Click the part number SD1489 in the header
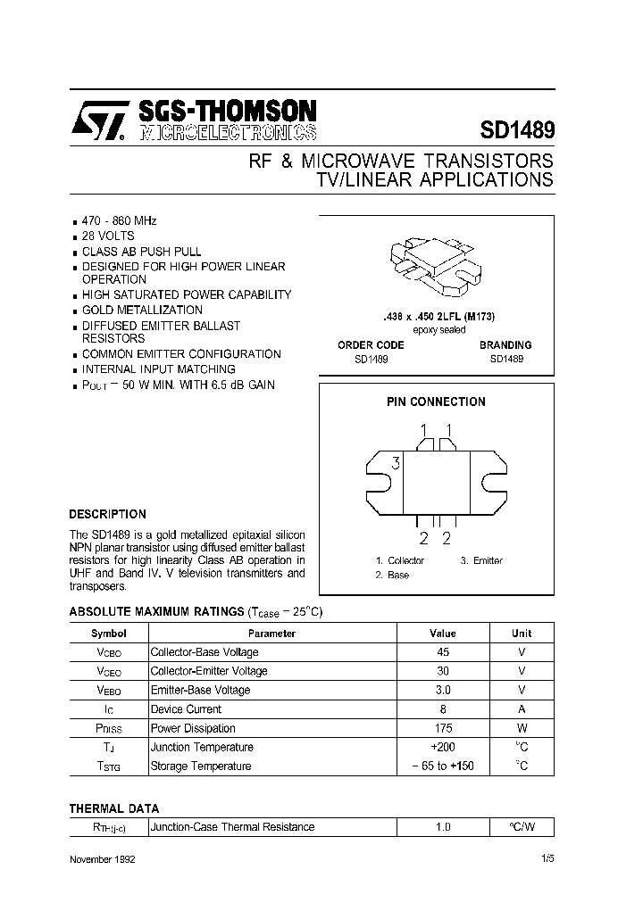click(517, 130)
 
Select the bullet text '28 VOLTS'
click(108, 236)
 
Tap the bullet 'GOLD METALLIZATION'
click(142, 310)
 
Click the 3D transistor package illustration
click(438, 265)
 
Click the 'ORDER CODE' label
click(371, 344)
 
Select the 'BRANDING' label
click(505, 344)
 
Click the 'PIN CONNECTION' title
click(436, 402)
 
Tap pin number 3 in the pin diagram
click(395, 462)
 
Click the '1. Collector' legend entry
click(399, 560)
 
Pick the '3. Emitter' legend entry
click(481, 560)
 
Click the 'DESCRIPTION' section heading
click(107, 514)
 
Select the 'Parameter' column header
click(271, 633)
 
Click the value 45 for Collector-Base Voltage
click(443, 652)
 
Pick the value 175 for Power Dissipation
click(443, 728)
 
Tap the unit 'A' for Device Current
click(522, 709)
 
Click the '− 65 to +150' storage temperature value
click(443, 766)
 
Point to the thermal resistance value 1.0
click(443, 826)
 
